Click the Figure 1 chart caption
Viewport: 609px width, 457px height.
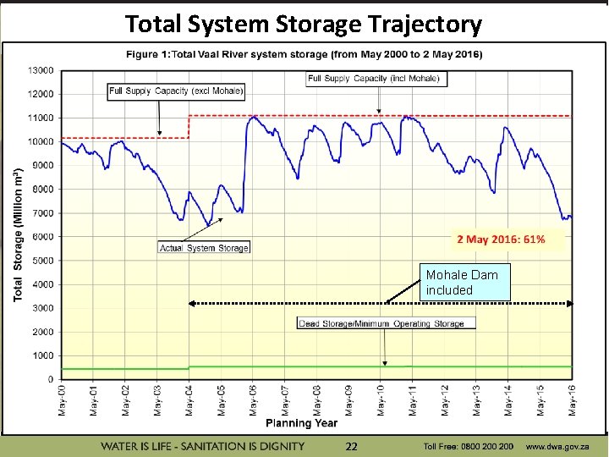click(x=304, y=54)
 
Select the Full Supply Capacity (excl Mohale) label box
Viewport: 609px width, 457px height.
click(x=177, y=91)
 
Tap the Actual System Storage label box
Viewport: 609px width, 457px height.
click(x=205, y=248)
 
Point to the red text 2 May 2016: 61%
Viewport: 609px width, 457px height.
click(x=501, y=240)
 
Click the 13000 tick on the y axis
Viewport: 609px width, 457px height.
click(x=41, y=70)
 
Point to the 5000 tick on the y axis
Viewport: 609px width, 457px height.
click(x=42, y=261)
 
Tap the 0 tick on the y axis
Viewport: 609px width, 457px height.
click(x=51, y=379)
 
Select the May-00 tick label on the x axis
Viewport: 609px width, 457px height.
click(x=62, y=399)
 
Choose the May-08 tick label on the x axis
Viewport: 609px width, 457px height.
click(x=317, y=399)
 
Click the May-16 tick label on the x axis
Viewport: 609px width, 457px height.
click(x=573, y=399)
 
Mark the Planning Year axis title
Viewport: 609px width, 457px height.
click(x=301, y=423)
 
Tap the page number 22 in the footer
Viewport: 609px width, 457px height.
click(x=352, y=446)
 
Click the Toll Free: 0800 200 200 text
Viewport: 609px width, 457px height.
click(x=469, y=446)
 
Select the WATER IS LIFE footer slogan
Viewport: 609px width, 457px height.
click(x=203, y=446)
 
